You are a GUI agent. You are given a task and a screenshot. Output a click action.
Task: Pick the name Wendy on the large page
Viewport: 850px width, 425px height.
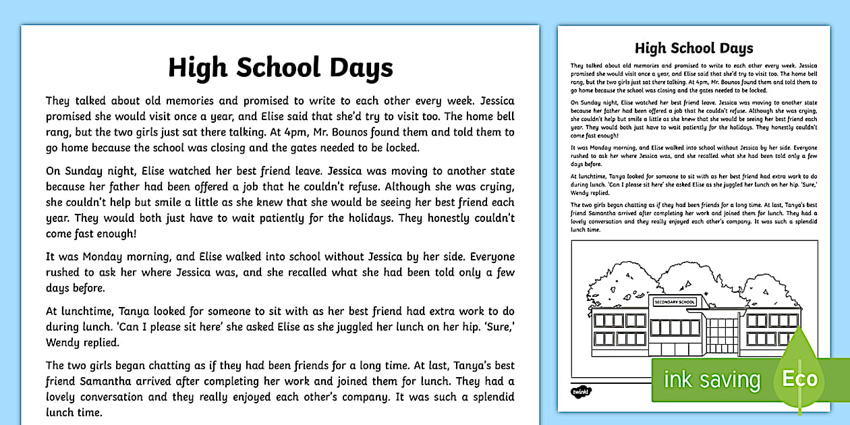64,342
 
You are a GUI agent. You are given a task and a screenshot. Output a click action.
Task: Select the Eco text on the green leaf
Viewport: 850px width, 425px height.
799,378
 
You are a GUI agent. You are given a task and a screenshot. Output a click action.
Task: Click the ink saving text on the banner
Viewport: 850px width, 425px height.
711,380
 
